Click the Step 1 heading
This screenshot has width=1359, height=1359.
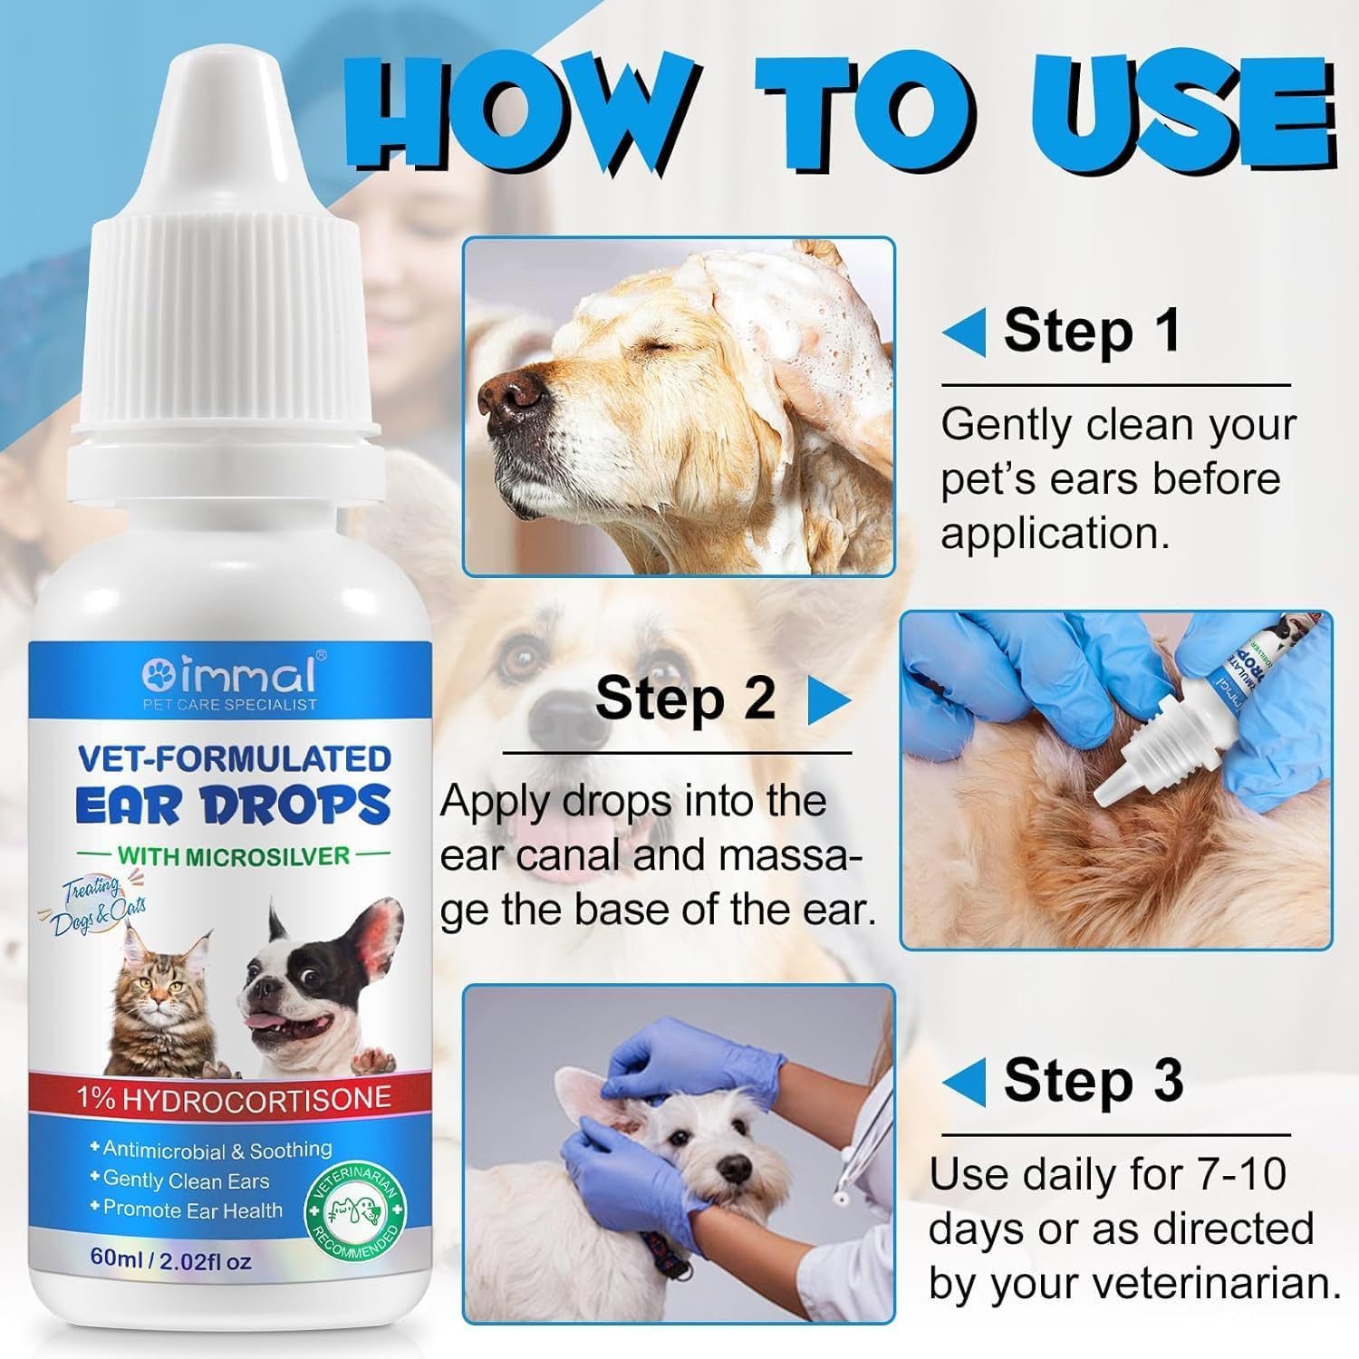click(1092, 332)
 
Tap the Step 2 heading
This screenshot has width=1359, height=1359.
click(685, 699)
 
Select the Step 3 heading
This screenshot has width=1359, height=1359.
click(1093, 1081)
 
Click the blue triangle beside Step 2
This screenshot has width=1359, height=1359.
click(828, 700)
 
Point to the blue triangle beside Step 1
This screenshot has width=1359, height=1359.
click(964, 333)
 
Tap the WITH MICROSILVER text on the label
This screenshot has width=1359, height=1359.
click(233, 855)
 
